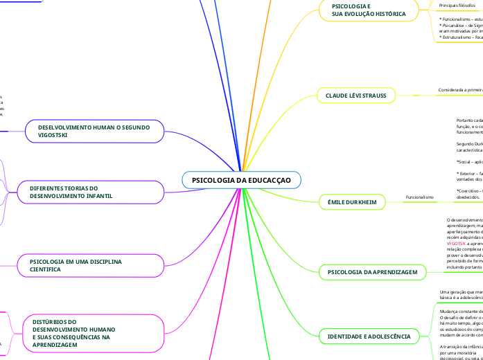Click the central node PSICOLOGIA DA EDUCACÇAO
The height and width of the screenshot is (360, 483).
click(241, 180)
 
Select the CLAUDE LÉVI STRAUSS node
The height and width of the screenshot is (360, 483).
click(355, 94)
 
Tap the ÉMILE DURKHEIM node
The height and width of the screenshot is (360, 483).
click(351, 202)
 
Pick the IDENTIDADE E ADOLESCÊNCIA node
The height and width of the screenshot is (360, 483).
click(369, 337)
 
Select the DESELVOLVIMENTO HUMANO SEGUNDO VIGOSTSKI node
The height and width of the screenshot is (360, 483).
click(95, 132)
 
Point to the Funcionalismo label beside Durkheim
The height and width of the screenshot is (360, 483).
click(419, 197)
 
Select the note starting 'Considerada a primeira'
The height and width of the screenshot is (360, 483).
click(460, 89)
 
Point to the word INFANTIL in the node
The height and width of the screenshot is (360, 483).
click(98, 197)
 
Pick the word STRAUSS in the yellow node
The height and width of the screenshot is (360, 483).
click(377, 94)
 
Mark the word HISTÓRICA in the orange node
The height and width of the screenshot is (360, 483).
click(387, 14)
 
